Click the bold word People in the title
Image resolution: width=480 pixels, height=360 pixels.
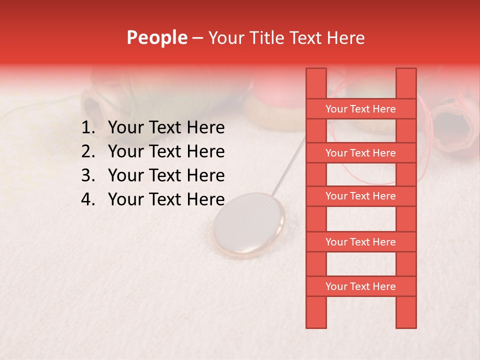[156, 37]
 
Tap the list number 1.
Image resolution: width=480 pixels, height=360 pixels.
[87, 128]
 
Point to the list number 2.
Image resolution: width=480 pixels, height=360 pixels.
[87, 151]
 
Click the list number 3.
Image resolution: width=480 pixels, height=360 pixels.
[87, 175]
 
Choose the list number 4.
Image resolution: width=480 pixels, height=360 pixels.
[87, 199]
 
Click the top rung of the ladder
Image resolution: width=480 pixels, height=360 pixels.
[360, 109]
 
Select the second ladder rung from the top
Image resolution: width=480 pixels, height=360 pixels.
[360, 153]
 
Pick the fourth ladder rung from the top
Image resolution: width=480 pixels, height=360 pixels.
[360, 242]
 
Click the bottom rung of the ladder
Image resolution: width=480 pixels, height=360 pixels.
[360, 286]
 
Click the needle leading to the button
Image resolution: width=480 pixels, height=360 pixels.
[290, 165]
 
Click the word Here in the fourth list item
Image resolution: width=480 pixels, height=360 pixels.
[205, 199]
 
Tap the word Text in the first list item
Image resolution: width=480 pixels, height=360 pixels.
[164, 128]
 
